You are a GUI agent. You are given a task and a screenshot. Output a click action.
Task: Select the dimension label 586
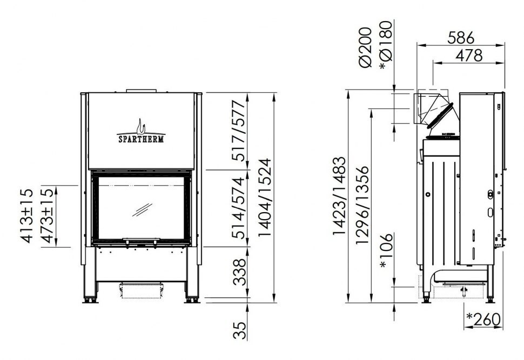461,38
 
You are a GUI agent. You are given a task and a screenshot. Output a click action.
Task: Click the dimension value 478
469,56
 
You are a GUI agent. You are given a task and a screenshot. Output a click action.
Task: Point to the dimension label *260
483,320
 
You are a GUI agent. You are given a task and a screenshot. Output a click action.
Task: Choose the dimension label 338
239,272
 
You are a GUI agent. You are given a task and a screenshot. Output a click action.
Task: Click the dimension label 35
239,331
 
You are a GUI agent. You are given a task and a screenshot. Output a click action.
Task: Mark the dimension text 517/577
239,131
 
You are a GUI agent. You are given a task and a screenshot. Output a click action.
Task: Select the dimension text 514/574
239,207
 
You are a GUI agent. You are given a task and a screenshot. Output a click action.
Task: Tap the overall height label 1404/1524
265,198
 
